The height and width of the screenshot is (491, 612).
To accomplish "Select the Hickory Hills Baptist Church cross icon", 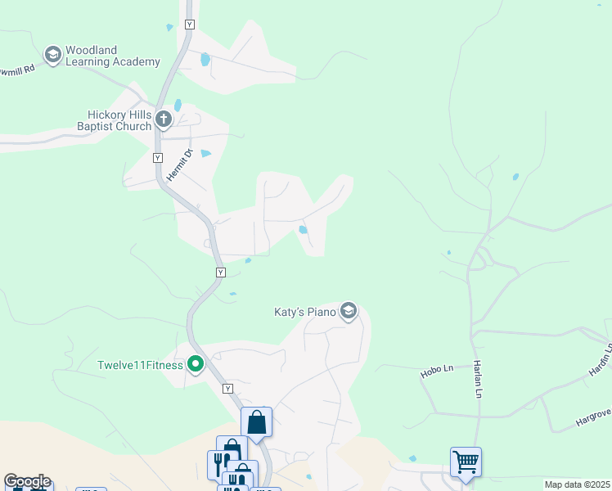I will pos(163,120).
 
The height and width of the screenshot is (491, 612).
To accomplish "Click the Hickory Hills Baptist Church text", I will pos(114,120).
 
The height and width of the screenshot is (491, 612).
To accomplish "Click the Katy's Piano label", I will pos(305,312).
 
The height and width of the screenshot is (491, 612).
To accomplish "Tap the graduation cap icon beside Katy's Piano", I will pos(349,312).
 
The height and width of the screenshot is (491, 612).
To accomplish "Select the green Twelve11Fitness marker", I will pos(196,364).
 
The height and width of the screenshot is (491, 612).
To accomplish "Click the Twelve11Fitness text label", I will pos(140,365).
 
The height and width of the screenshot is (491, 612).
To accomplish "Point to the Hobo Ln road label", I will pos(437,371).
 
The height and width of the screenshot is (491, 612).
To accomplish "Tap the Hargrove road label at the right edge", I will pos(593,420).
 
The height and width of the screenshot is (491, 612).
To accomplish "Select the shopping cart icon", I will pos(466,462).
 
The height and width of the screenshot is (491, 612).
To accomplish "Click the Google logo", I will pos(27,481).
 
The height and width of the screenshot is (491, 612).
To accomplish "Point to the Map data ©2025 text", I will pos(577,484).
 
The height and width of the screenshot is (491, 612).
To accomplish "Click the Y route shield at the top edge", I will pos(190,25).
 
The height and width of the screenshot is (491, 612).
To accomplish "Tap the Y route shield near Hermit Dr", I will pos(158,156).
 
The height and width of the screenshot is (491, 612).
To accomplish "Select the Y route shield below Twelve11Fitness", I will pos(227,389).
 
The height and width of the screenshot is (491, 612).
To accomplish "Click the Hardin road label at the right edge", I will pos(604,361).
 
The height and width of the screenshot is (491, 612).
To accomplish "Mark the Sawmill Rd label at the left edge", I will pos(18,70).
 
